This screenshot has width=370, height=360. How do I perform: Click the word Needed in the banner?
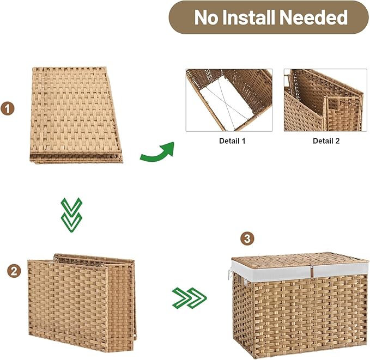[x=316, y=17]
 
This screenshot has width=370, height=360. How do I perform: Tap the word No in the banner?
[x=205, y=17]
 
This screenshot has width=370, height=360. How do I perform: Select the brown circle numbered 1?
[x=8, y=109]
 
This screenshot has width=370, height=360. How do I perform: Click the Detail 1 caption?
[x=228, y=141]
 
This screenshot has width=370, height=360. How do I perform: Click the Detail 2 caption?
[x=326, y=141]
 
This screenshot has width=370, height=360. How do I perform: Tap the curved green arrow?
[x=157, y=152]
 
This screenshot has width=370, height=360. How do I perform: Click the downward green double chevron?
[x=72, y=215]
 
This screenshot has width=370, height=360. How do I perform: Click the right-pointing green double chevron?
[x=189, y=298]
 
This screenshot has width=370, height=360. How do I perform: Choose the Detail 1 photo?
[x=229, y=100]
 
